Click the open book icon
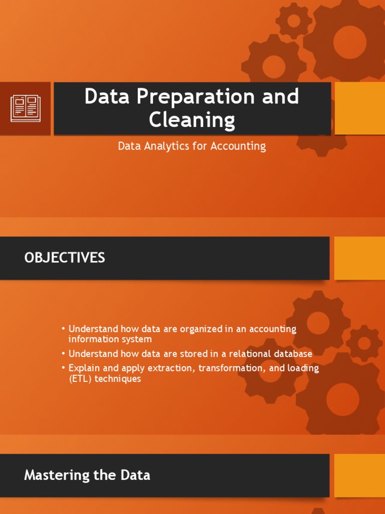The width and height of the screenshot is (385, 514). pos(25,108)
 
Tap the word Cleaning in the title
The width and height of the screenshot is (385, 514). pos(192,120)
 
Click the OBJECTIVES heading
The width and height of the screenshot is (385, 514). pos(65,258)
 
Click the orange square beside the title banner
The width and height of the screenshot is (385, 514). pos(359,108)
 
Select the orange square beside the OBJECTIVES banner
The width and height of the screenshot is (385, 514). pos(359,258)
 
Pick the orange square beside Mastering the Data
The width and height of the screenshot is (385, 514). pos(359,475)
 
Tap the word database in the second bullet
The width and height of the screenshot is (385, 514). pos(292,354)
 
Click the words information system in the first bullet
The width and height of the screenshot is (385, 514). pos(110,340)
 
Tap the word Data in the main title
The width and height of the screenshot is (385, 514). pos(104,97)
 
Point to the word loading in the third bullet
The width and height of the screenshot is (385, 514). pos(302,368)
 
